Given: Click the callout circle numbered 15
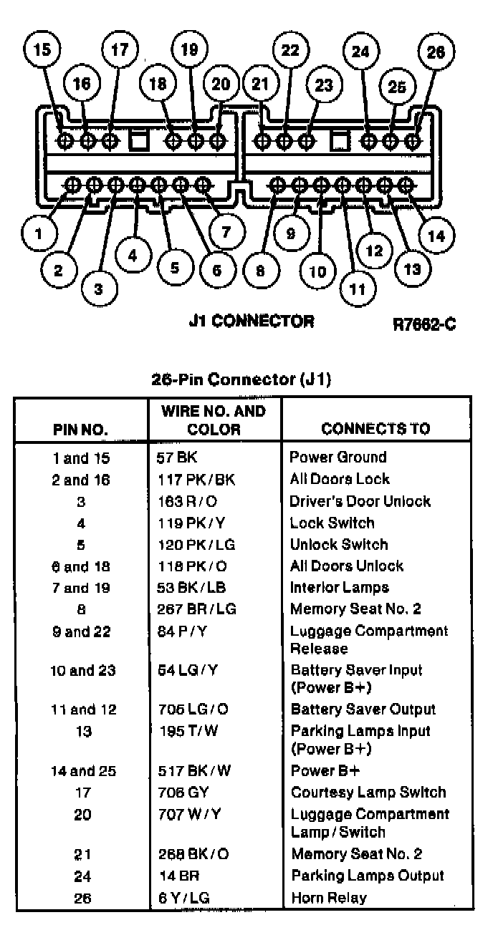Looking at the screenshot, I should coord(43,50).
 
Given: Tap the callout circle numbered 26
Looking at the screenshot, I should coord(436,52).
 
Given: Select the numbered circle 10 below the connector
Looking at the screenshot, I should coord(317,271).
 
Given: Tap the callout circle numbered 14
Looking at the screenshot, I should coord(436,236).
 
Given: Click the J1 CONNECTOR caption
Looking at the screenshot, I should coord(251,321).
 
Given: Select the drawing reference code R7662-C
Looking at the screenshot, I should coord(424,324).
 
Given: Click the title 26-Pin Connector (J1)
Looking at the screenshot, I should coord(241,379).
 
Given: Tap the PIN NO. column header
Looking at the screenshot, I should coord(80,430).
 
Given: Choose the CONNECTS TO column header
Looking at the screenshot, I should coord(375,429).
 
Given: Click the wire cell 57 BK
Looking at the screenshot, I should coord(172,457).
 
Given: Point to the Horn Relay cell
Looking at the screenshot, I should coord(329,898).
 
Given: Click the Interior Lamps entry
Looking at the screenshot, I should coord(339,588).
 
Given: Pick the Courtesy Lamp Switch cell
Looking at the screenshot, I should coord(368,793).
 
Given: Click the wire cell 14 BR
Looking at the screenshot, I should coord(178,876).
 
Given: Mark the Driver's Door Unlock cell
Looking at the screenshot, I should coord(360,501).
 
